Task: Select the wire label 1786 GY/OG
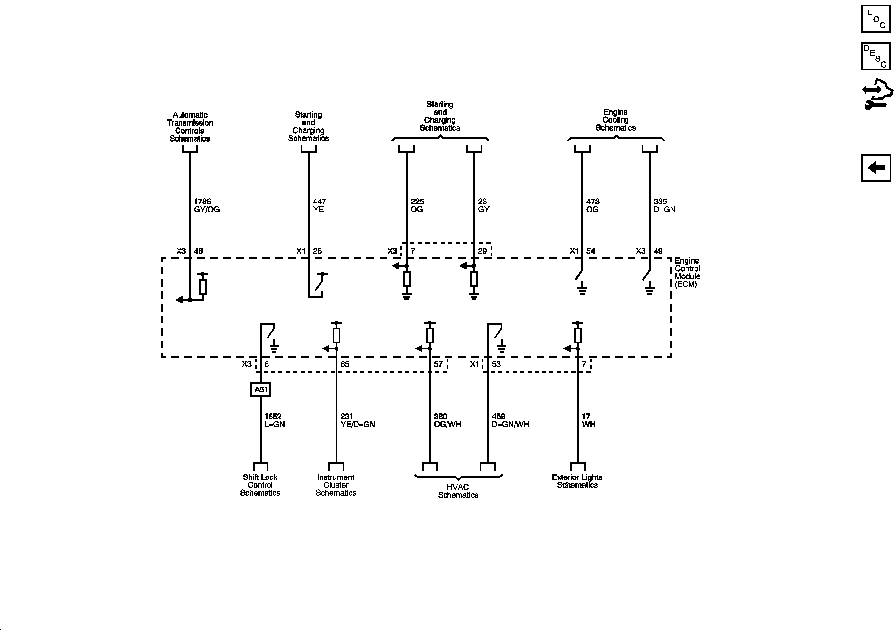pyautogui.click(x=206, y=206)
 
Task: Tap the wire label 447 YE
pyautogui.click(x=319, y=206)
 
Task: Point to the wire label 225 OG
pyautogui.click(x=417, y=206)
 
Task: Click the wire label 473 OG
pyautogui.click(x=593, y=206)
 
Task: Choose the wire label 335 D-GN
pyautogui.click(x=664, y=206)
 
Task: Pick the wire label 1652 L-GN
pyautogui.click(x=274, y=421)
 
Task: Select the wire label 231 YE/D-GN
pyautogui.click(x=358, y=421)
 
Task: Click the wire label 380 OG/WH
pyautogui.click(x=447, y=421)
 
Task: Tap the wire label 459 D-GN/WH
pyautogui.click(x=510, y=421)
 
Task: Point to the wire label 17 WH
pyautogui.click(x=588, y=421)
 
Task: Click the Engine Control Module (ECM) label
pyautogui.click(x=687, y=273)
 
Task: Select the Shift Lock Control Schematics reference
pyautogui.click(x=260, y=485)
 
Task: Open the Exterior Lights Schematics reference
pyautogui.click(x=577, y=481)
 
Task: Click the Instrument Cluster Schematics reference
pyautogui.click(x=336, y=485)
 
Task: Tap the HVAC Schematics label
pyautogui.click(x=458, y=491)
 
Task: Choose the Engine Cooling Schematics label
pyautogui.click(x=616, y=120)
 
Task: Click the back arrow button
pyautogui.click(x=876, y=168)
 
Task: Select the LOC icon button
pyautogui.click(x=876, y=18)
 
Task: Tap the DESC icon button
pyautogui.click(x=876, y=56)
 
